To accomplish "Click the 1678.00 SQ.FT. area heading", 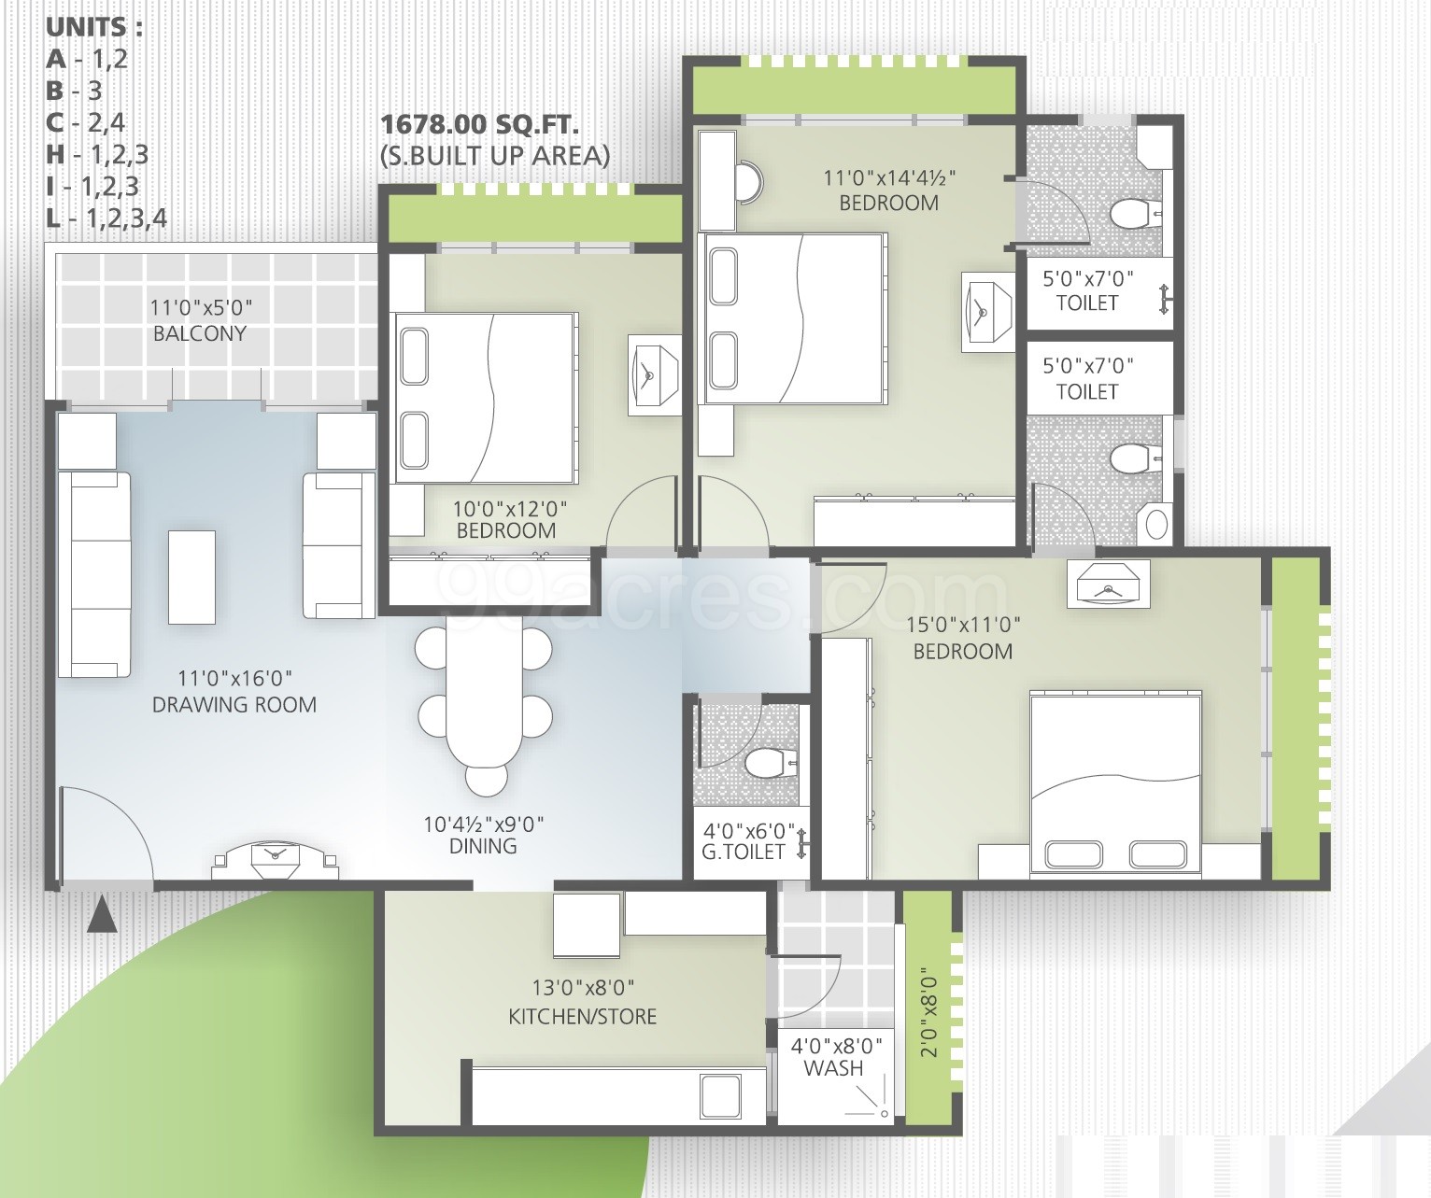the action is (480, 125).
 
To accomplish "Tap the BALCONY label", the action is (200, 333).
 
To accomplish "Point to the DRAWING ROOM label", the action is (234, 705).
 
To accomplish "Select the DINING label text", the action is (483, 846).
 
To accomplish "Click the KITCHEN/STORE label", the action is (583, 1016).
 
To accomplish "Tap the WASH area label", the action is (833, 1068).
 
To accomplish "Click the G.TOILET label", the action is (744, 853).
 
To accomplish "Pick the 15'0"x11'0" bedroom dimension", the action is (963, 625).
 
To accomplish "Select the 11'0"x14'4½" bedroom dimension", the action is (889, 177).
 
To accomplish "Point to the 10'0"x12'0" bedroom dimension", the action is (510, 509).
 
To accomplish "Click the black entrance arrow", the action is (102, 915).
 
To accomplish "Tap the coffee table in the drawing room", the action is (191, 577).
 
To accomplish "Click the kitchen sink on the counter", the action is (720, 1096).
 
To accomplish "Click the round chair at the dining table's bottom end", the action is (487, 779).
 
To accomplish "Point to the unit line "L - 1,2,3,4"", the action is (106, 218).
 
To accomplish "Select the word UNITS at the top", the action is (94, 27).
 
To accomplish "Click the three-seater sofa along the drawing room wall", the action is (94, 574).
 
